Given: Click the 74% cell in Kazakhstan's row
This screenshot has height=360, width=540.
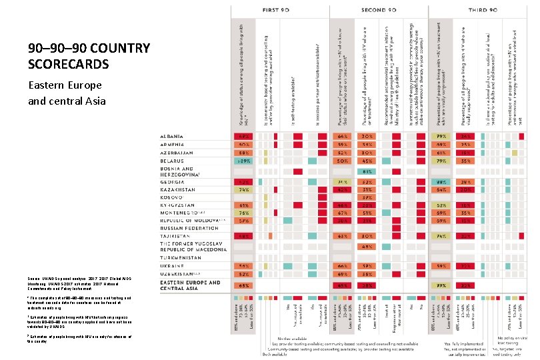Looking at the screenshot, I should tap(243, 189).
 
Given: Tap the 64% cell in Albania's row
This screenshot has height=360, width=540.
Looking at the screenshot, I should tap(343, 136).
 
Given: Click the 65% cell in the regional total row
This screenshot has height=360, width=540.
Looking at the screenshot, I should tap(243, 285).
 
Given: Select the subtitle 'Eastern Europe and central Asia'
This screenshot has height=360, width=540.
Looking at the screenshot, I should tap(65, 93).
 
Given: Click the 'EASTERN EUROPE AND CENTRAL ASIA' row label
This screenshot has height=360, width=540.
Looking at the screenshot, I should tap(190, 285).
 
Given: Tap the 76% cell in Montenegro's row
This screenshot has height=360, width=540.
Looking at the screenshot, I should tap(243, 213).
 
